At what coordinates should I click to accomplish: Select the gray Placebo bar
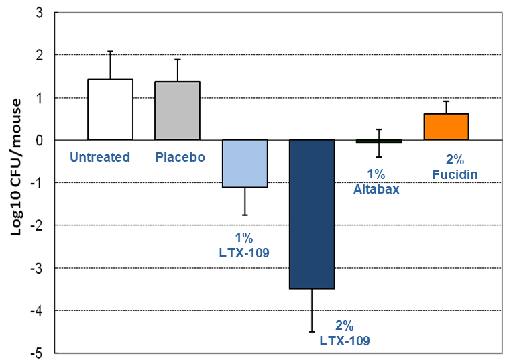pos(177,111)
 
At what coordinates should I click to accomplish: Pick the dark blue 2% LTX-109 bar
pos(311,214)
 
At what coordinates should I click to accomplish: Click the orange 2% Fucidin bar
pos(445,127)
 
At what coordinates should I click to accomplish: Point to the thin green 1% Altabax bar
pos(379,141)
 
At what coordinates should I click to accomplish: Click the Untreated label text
pos(100,158)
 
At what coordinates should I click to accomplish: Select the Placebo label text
pos(180,158)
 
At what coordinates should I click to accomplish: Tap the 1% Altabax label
pos(376,182)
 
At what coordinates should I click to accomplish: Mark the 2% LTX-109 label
pos(344,333)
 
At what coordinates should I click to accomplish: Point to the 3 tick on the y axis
pos(40,12)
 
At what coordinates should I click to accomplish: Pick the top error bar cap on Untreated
pos(110,51)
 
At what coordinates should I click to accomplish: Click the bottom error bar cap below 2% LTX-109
pos(311,331)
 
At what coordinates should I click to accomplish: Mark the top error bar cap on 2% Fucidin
pos(445,101)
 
